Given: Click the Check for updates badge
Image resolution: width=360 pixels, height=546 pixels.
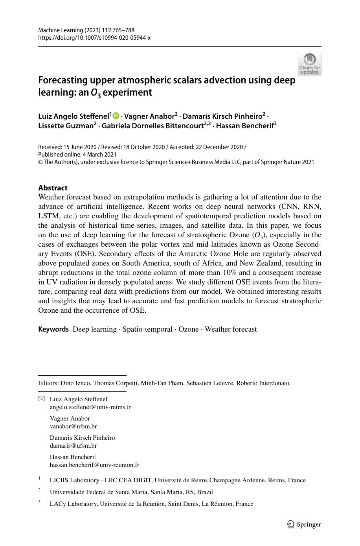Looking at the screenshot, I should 309,64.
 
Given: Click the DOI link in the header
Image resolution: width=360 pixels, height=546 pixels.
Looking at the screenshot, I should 94,38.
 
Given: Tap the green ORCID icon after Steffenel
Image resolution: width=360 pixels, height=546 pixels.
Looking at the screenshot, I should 116,116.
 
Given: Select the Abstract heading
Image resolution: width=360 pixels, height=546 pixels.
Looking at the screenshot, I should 53,188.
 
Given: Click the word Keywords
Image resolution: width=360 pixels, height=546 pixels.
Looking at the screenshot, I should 53,329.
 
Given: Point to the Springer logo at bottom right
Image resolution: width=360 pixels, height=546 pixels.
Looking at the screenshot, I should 304,524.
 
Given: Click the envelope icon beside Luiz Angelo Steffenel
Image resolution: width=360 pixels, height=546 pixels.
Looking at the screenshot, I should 42,399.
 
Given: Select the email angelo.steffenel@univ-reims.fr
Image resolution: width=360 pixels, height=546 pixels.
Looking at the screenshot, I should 90,407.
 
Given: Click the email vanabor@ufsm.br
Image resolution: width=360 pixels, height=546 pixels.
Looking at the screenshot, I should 73,426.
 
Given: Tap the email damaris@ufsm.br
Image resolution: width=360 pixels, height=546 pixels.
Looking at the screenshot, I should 73,446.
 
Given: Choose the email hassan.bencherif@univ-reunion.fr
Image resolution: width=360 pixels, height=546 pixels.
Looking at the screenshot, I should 94,465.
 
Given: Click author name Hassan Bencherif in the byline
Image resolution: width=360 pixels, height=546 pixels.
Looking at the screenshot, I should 244,126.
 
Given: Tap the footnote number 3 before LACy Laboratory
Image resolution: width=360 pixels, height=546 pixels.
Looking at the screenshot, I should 40,502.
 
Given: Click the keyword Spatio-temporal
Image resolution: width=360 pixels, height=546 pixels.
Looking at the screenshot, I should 147,329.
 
